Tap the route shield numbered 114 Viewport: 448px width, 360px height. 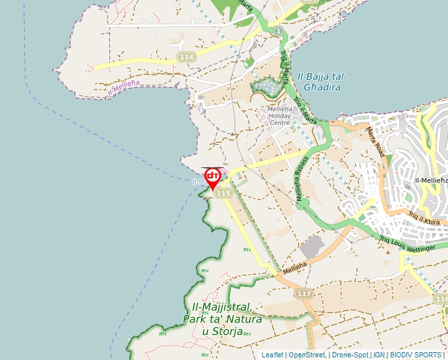[x=186, y=58]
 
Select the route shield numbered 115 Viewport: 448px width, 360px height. [x=223, y=193]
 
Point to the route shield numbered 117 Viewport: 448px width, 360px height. [x=304, y=294]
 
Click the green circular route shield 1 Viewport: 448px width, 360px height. [x=279, y=32]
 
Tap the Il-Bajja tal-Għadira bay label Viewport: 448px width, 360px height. [x=322, y=82]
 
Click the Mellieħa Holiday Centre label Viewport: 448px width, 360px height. [x=280, y=116]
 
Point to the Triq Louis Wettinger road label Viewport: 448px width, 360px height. [x=407, y=243]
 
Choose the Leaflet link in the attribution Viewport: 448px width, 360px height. [x=272, y=355]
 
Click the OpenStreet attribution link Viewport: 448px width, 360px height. [x=307, y=355]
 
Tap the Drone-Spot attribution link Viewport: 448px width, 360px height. [x=349, y=355]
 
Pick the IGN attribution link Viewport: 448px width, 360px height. [x=379, y=355]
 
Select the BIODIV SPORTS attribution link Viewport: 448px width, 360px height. [x=415, y=355]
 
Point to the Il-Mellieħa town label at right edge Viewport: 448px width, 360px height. [x=431, y=180]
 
